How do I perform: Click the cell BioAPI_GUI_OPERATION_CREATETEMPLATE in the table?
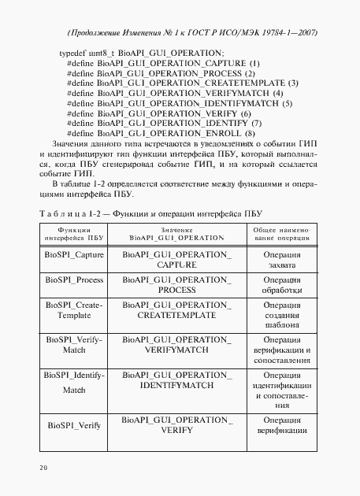coord(171,309)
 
